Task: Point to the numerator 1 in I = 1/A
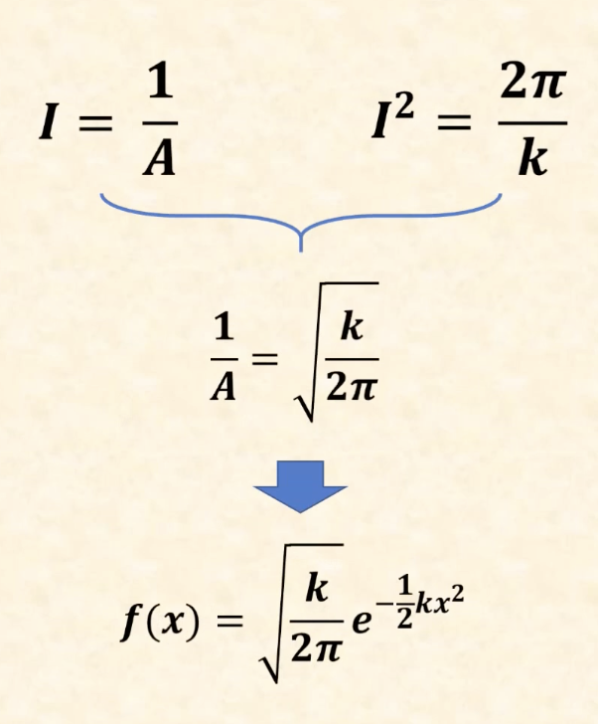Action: (158, 85)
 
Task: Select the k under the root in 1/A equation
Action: (351, 326)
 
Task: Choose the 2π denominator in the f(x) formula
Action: (316, 653)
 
